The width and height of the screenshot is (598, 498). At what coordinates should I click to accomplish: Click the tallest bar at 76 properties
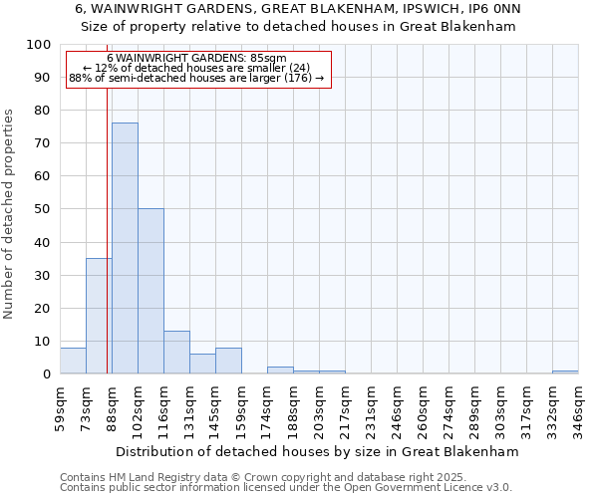pyautogui.click(x=125, y=248)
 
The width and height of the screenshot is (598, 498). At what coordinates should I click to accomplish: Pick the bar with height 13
pyautogui.click(x=176, y=352)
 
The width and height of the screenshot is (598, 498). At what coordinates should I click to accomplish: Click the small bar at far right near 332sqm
pyautogui.click(x=565, y=372)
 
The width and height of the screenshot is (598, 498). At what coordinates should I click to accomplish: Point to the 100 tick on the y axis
pyautogui.click(x=39, y=45)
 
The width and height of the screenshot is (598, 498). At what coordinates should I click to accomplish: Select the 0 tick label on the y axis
pyautogui.click(x=46, y=373)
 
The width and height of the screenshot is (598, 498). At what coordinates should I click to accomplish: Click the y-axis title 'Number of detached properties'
pyautogui.click(x=10, y=214)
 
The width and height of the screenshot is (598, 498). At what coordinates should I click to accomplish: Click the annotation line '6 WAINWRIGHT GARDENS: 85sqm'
pyautogui.click(x=196, y=59)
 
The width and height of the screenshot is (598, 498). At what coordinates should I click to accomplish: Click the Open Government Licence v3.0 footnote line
pyautogui.click(x=286, y=488)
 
